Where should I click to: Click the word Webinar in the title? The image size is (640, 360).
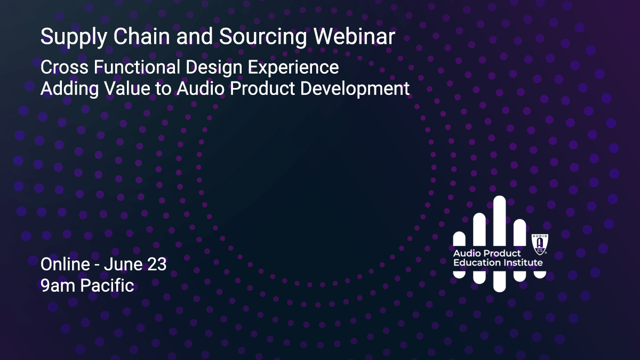click(354, 36)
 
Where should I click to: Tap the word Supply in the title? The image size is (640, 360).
click(74, 38)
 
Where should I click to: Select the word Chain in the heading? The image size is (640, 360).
click(142, 36)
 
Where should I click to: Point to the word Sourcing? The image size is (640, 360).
click(263, 38)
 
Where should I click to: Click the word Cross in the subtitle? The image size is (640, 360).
click(65, 67)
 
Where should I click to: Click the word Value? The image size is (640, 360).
click(127, 89)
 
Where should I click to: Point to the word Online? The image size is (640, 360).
click(65, 265)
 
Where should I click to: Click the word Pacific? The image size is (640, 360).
click(107, 285)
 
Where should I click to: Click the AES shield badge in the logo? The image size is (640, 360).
click(540, 244)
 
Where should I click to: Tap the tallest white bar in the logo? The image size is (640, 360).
click(499, 220)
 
